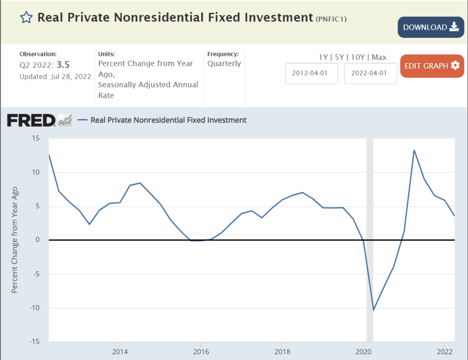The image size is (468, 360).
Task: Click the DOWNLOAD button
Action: (430, 27)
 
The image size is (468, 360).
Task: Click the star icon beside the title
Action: (27, 18)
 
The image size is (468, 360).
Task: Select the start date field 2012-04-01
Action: (311, 74)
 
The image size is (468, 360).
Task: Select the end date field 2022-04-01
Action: (370, 74)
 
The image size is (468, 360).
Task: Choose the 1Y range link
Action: (323, 57)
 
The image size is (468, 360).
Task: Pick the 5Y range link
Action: (339, 57)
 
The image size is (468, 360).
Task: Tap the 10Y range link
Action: (357, 57)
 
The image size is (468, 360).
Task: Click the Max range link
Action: (379, 57)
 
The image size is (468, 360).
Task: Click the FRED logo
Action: (31, 120)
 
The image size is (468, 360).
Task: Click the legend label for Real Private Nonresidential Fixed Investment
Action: (168, 120)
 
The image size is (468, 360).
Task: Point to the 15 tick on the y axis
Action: (36, 138)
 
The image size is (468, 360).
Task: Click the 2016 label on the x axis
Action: (201, 352)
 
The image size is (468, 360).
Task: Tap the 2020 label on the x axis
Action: (363, 352)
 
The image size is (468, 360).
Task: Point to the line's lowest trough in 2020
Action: (374, 310)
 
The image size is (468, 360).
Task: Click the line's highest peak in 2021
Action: (414, 150)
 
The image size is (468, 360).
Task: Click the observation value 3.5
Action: (63, 64)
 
